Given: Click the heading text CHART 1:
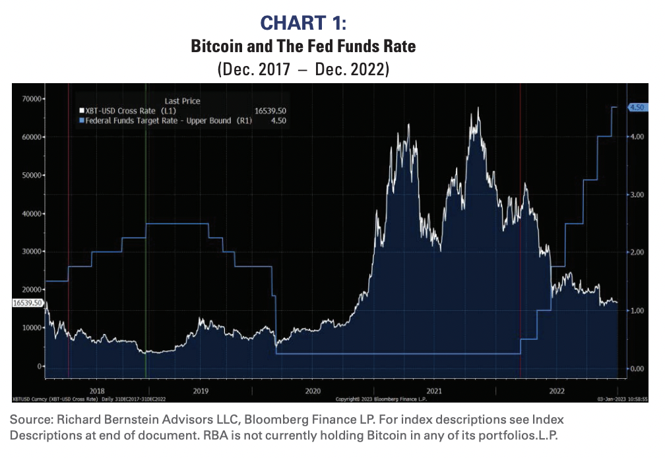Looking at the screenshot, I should (x=303, y=23).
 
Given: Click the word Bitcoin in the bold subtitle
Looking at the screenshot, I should (x=214, y=47).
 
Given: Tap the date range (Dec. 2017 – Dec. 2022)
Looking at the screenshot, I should (x=303, y=69).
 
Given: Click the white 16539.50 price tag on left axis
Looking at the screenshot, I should (x=28, y=303).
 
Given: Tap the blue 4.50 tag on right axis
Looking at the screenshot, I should (x=637, y=108).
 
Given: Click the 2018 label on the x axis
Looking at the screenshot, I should (x=96, y=391).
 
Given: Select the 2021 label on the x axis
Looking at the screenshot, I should (x=435, y=391).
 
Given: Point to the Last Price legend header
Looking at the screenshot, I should (x=182, y=101).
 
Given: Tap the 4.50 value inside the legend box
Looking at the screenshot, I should (x=277, y=121).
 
